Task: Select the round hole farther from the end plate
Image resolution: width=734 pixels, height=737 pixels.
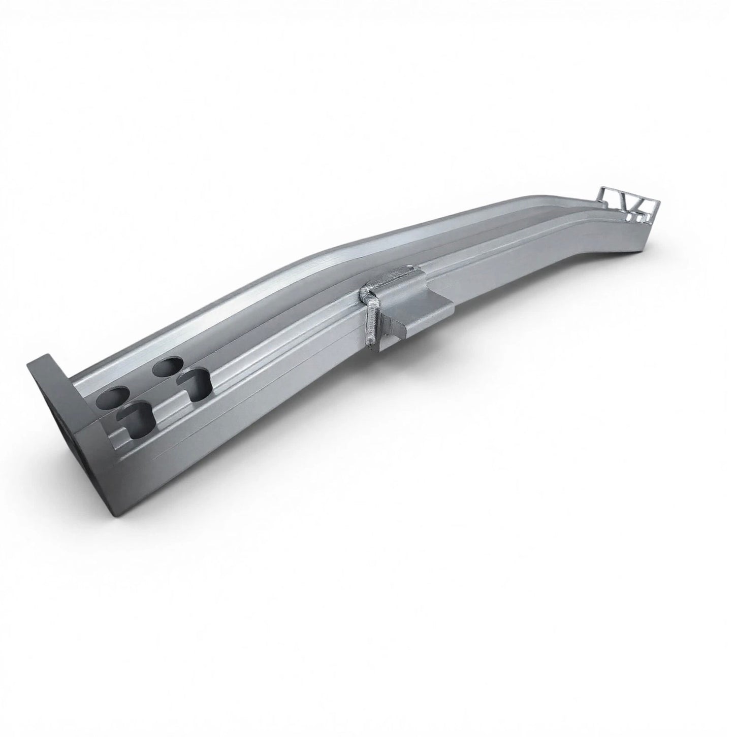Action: pyautogui.click(x=168, y=365)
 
